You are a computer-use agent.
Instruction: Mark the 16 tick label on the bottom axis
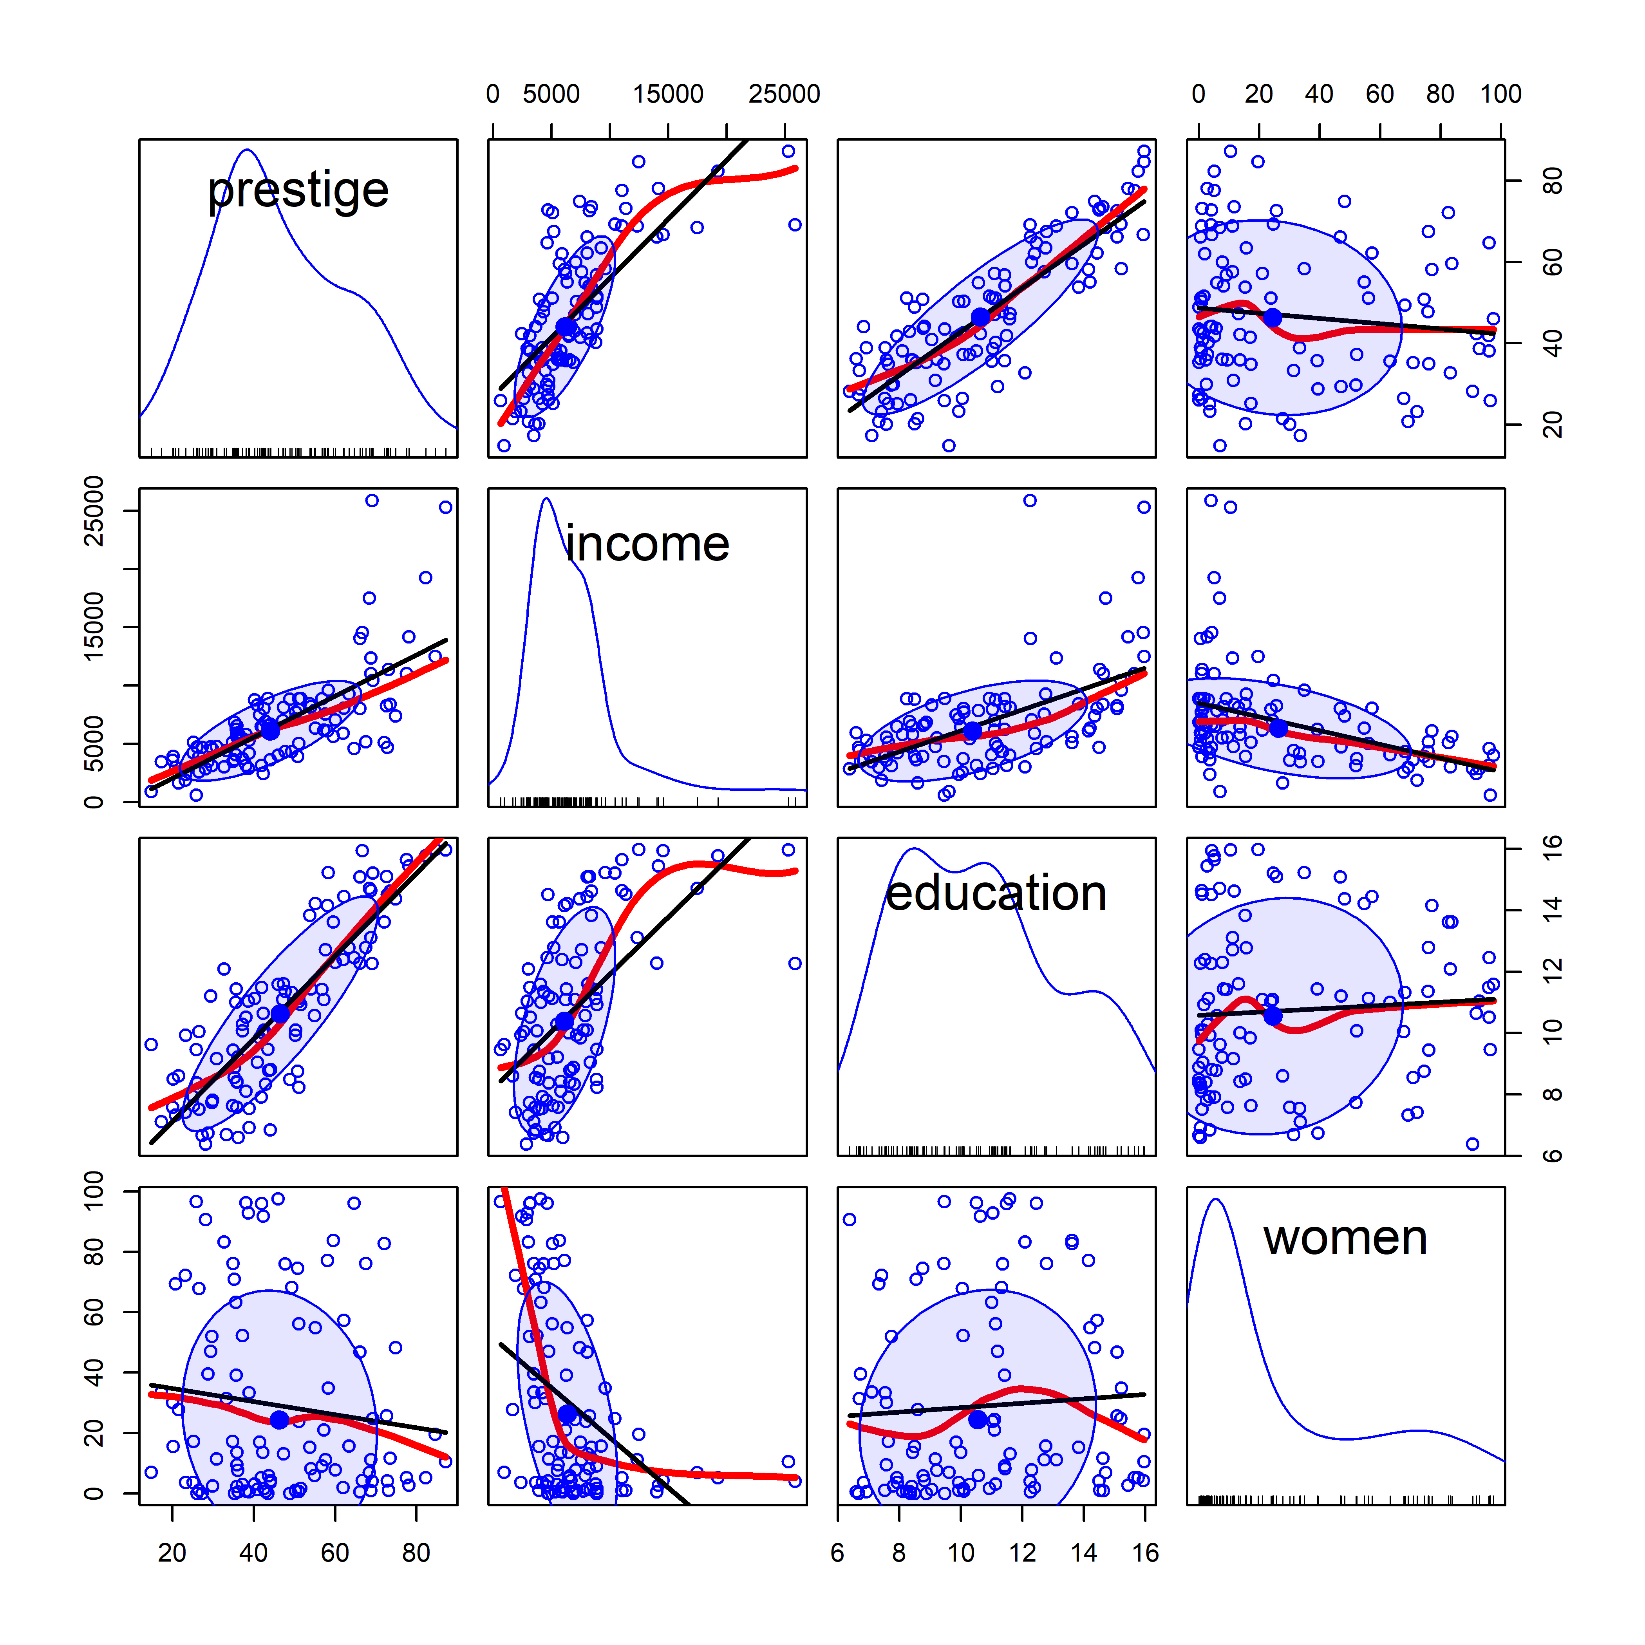[x=1145, y=1553]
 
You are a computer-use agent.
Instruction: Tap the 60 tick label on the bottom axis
[x=334, y=1553]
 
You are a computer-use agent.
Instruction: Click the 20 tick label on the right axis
[x=1552, y=424]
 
